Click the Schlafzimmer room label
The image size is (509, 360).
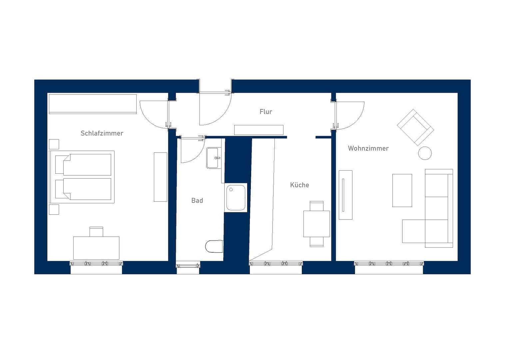pyautogui.click(x=102, y=133)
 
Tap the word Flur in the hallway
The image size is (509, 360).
pyautogui.click(x=265, y=112)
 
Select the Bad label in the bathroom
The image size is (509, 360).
pyautogui.click(x=197, y=201)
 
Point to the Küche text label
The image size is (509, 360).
pyautogui.click(x=299, y=185)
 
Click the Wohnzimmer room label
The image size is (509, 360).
pyautogui.click(x=368, y=148)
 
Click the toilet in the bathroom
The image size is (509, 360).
pyautogui.click(x=214, y=247)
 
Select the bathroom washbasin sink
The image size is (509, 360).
pyautogui.click(x=213, y=158)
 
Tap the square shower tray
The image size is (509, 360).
pyautogui.click(x=236, y=197)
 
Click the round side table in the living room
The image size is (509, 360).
pyautogui.click(x=425, y=153)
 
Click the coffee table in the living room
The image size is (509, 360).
pyautogui.click(x=402, y=190)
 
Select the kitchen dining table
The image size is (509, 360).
pyautogui.click(x=316, y=224)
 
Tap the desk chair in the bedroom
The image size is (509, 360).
pyautogui.click(x=96, y=231)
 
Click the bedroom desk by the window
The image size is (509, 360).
pyautogui.click(x=96, y=248)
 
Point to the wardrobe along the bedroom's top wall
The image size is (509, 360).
pyautogui.click(x=93, y=104)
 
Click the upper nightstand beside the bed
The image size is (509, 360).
pyautogui.click(x=54, y=144)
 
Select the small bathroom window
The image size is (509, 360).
pyautogui.click(x=188, y=266)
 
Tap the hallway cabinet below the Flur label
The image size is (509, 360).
pyautogui.click(x=258, y=130)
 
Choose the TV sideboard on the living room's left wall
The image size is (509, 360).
pyautogui.click(x=345, y=195)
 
